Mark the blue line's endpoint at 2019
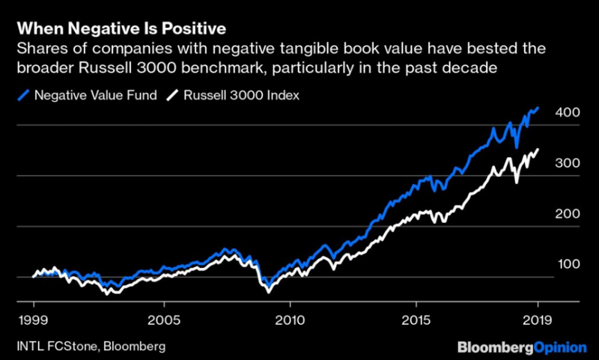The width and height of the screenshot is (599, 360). coord(538,108)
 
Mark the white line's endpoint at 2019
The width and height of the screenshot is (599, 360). coord(538,150)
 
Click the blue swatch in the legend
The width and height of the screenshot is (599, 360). coord(24,95)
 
